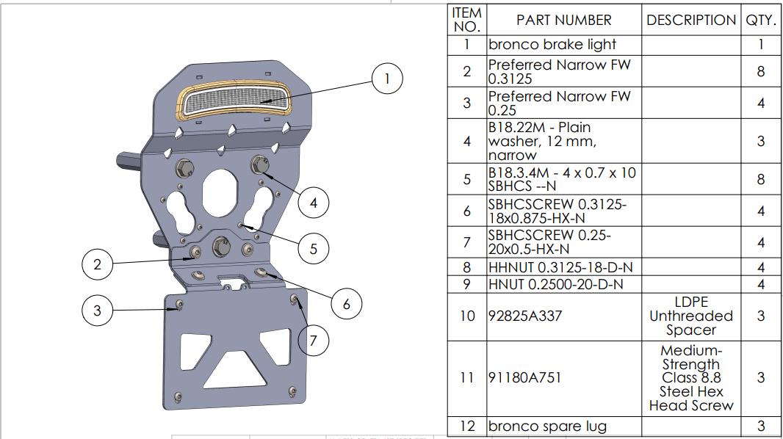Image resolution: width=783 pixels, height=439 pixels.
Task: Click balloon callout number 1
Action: pyautogui.click(x=387, y=79)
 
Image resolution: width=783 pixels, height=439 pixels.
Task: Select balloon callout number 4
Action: pyautogui.click(x=314, y=202)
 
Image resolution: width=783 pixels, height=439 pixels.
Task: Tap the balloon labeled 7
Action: pyautogui.click(x=314, y=341)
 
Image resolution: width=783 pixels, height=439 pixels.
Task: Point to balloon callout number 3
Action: pyautogui.click(x=97, y=310)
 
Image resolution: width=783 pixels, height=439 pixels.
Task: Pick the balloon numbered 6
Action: pyautogui.click(x=347, y=303)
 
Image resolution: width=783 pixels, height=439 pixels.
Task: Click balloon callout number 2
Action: pyautogui.click(x=97, y=264)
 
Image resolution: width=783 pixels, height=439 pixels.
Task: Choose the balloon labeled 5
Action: pyautogui.click(x=314, y=249)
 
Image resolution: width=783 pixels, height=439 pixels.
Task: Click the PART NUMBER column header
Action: pyautogui.click(x=563, y=20)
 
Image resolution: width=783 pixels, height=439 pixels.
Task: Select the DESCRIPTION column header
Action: pyautogui.click(x=690, y=20)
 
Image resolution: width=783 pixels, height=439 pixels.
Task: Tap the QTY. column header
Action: pyautogui.click(x=761, y=20)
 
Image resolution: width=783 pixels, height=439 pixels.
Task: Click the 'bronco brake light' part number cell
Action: pyautogui.click(x=552, y=45)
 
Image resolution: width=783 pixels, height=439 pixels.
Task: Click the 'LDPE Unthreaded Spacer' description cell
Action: pyautogui.click(x=690, y=316)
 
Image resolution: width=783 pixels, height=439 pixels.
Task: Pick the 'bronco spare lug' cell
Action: pyautogui.click(x=547, y=426)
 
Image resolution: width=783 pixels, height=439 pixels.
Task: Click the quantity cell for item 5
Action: pyautogui.click(x=761, y=179)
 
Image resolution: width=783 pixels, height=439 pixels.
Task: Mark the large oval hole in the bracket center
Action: pyautogui.click(x=220, y=192)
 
